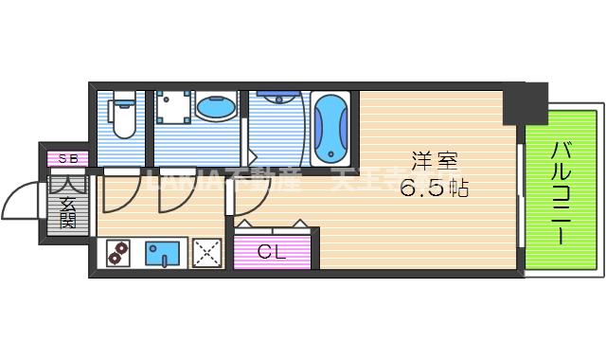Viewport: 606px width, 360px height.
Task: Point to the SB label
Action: (68, 158)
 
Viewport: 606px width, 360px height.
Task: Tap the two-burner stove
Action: (117, 253)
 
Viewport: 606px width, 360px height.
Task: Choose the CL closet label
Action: (272, 252)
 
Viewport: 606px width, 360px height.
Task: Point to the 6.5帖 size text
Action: (434, 187)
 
